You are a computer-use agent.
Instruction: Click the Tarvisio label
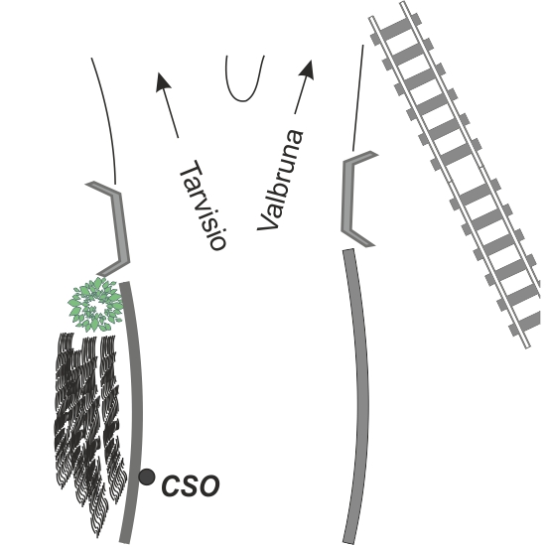pos(203,205)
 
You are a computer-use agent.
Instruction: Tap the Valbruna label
pos(280,180)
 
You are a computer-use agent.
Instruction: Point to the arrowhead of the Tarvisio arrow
pos(163,82)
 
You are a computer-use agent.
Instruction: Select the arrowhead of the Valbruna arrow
pos(307,69)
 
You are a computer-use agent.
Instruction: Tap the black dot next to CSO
pos(147,477)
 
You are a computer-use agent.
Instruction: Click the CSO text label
pos(191,485)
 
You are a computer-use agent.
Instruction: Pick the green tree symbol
pos(95,305)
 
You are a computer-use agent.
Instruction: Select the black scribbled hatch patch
pos(90,429)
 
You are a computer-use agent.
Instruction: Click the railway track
pos(454,175)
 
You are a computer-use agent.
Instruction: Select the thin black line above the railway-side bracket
pos(358,97)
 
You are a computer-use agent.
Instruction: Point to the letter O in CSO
pos(208,485)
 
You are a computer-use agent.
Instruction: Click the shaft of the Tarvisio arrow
pos(171,113)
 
